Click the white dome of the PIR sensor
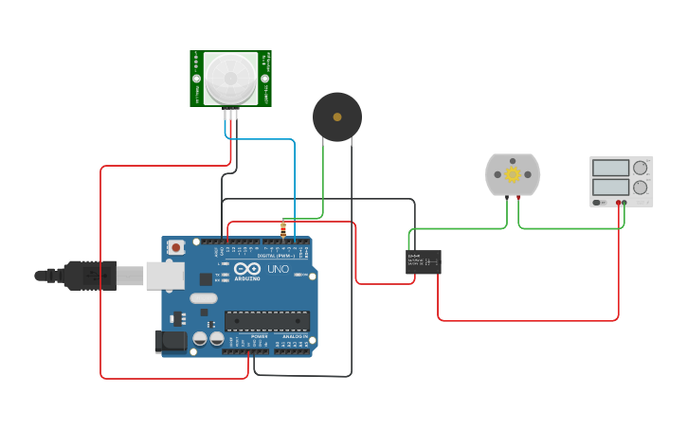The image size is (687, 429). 230,77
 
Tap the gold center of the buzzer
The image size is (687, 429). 337,116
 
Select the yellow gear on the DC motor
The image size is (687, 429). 513,174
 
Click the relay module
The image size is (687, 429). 424,261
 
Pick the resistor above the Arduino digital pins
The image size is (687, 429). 283,228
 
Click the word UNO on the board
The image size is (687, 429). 279,269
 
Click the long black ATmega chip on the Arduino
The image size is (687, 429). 267,321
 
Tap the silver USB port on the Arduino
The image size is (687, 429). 165,275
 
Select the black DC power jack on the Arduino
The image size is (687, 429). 169,340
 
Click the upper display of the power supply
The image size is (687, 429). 610,168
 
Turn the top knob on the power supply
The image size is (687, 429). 641,168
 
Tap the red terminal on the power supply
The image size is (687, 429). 618,203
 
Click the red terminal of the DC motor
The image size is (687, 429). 518,198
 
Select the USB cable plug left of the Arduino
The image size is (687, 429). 90,275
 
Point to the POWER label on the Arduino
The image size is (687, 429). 259,336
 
